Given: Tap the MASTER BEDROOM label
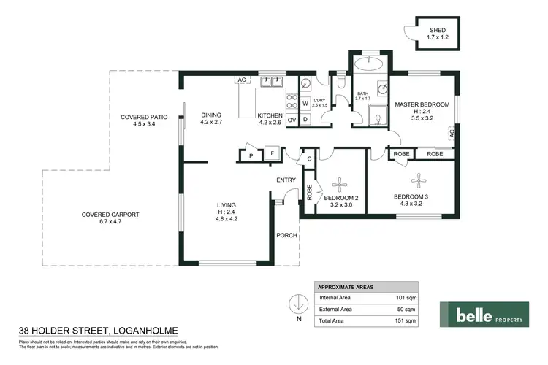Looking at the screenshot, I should point(422,104).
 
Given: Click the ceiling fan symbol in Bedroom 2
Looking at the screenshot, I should point(342,182).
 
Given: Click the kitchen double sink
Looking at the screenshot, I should point(273,82).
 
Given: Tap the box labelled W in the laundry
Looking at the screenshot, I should point(305,104).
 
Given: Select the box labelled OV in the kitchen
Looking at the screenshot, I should point(292,119).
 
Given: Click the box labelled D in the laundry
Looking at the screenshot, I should point(305,119).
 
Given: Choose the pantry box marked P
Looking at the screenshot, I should point(251,155).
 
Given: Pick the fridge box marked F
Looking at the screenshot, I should point(271,154).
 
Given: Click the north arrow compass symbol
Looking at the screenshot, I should point(298,304).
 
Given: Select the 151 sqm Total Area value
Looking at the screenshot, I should point(405,320).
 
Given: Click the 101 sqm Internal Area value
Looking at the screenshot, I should point(405,298).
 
